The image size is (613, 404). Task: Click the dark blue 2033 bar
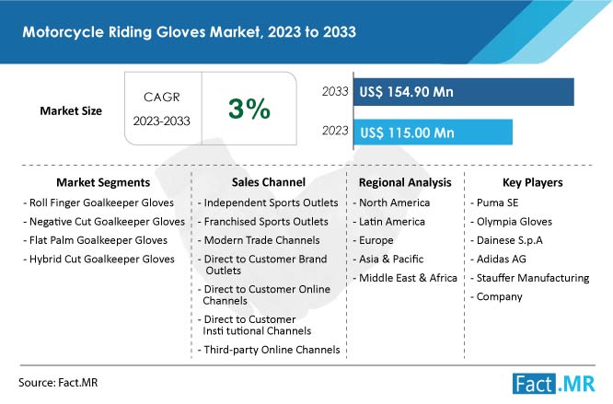(463, 92)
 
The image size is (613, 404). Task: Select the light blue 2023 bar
(433, 133)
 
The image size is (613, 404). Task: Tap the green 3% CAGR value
(249, 109)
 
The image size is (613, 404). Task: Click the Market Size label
(71, 111)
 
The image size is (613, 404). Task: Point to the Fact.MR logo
(553, 384)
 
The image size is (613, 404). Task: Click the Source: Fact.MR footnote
(58, 383)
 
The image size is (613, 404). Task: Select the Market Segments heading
(103, 182)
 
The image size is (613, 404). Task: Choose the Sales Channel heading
(269, 182)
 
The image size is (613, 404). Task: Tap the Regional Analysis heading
(405, 182)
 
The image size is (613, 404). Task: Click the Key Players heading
(533, 182)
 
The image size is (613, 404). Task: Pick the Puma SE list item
(494, 202)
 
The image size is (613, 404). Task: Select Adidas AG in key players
(498, 259)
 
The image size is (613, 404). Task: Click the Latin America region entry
(389, 222)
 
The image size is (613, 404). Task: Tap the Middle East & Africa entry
(405, 278)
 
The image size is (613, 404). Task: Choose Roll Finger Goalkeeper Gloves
(98, 202)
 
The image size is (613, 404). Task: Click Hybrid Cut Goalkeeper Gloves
(98, 259)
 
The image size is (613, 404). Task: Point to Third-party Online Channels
(269, 350)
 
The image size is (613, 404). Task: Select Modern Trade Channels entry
(259, 240)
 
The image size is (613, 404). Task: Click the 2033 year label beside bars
(335, 91)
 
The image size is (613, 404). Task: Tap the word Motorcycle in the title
(63, 32)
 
